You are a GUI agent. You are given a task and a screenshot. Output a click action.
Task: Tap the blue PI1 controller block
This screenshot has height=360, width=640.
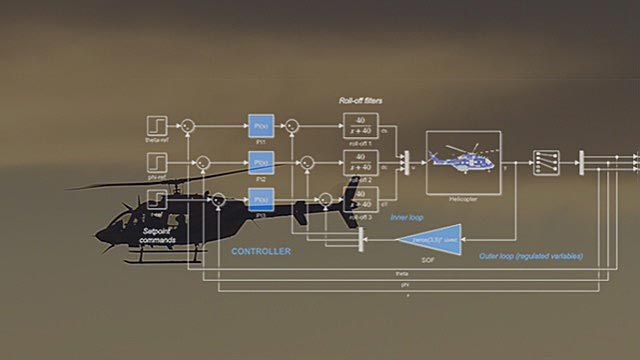click(260, 127)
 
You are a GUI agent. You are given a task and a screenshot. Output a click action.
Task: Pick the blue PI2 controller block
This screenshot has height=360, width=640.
click(260, 163)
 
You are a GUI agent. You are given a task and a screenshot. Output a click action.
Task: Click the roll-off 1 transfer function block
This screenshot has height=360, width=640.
click(360, 127)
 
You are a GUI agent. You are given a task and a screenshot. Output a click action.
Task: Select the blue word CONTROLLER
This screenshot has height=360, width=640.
click(260, 251)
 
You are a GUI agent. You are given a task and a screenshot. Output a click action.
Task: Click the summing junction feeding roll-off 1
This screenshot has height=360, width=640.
click(293, 127)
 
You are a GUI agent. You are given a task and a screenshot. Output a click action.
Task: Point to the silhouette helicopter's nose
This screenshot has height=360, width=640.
click(99, 236)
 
